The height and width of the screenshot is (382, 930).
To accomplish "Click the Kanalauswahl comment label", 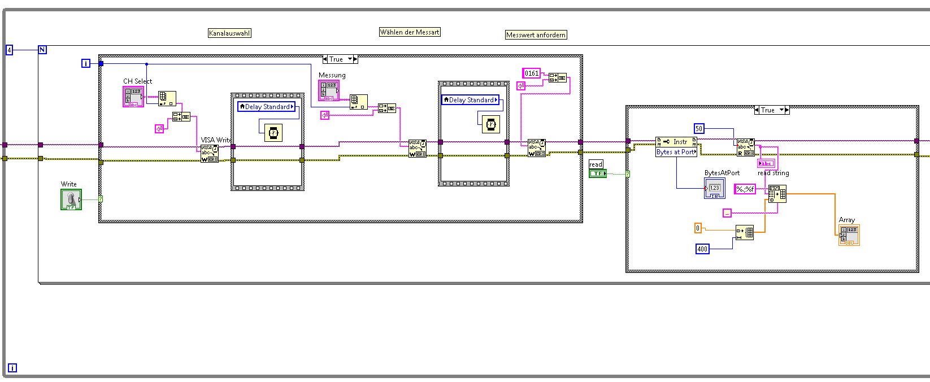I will pyautogui.click(x=229, y=33).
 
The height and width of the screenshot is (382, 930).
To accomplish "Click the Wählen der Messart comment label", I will pyautogui.click(x=410, y=32).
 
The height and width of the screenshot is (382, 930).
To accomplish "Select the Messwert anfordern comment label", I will pyautogui.click(x=536, y=35).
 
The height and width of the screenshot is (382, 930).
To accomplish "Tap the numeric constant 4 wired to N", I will pyautogui.click(x=9, y=50).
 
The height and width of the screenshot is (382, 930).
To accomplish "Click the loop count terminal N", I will pyautogui.click(x=42, y=50).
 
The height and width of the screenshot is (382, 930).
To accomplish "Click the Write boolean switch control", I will pyautogui.click(x=71, y=199).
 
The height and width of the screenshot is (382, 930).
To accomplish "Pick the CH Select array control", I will pyautogui.click(x=133, y=97).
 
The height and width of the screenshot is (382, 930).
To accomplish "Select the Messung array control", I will pyautogui.click(x=329, y=90).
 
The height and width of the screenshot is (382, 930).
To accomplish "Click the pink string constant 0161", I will pyautogui.click(x=532, y=73).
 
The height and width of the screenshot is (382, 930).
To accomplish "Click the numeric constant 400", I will pyautogui.click(x=702, y=249).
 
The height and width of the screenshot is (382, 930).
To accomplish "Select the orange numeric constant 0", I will pyautogui.click(x=698, y=228).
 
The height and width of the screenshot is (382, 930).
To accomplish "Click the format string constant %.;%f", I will pyautogui.click(x=745, y=189).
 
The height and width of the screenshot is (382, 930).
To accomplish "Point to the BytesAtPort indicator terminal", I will pyautogui.click(x=714, y=188).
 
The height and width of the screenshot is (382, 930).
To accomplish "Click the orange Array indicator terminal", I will pyautogui.click(x=849, y=235).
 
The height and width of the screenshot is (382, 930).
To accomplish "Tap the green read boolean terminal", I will pyautogui.click(x=597, y=173).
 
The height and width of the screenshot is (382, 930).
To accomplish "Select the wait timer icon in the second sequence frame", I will pyautogui.click(x=490, y=124).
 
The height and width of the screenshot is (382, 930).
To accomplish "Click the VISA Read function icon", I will pyautogui.click(x=745, y=147).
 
